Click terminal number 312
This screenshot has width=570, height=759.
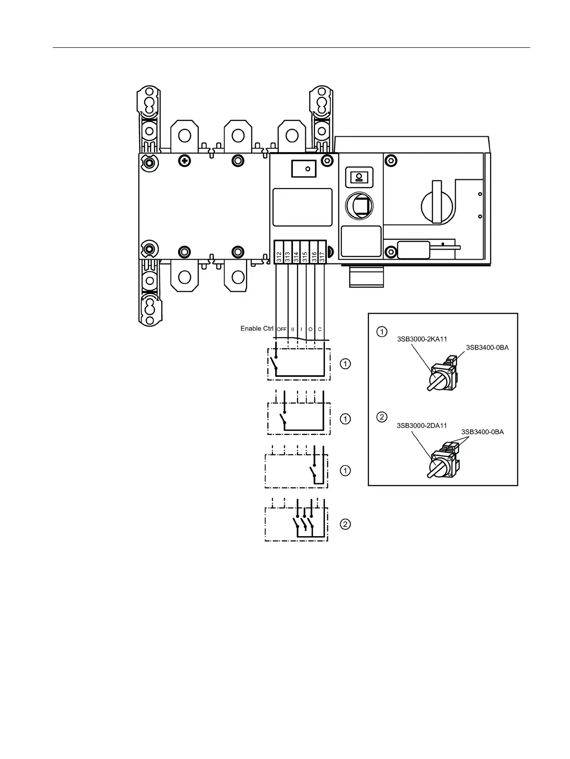click(x=279, y=256)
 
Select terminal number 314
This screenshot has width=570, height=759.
click(x=296, y=256)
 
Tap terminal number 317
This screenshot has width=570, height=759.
click(x=322, y=256)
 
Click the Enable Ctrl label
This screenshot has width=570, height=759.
click(x=257, y=329)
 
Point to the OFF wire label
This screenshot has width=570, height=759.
click(x=281, y=330)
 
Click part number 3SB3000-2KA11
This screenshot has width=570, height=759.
click(x=422, y=339)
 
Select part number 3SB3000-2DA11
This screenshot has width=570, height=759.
click(x=422, y=425)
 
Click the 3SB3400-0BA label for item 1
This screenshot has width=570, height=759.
click(x=487, y=348)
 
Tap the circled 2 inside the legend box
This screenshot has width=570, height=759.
click(x=381, y=417)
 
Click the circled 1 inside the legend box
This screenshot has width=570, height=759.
click(x=381, y=331)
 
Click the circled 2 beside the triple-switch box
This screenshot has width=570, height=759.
click(x=345, y=524)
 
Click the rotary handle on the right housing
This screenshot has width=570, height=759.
click(x=436, y=202)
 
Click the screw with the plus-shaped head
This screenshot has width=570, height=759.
click(x=184, y=161)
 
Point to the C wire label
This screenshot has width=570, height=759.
click(x=320, y=330)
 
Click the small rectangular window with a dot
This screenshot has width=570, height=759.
click(x=304, y=168)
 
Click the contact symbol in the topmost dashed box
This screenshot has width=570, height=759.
click(x=274, y=364)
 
